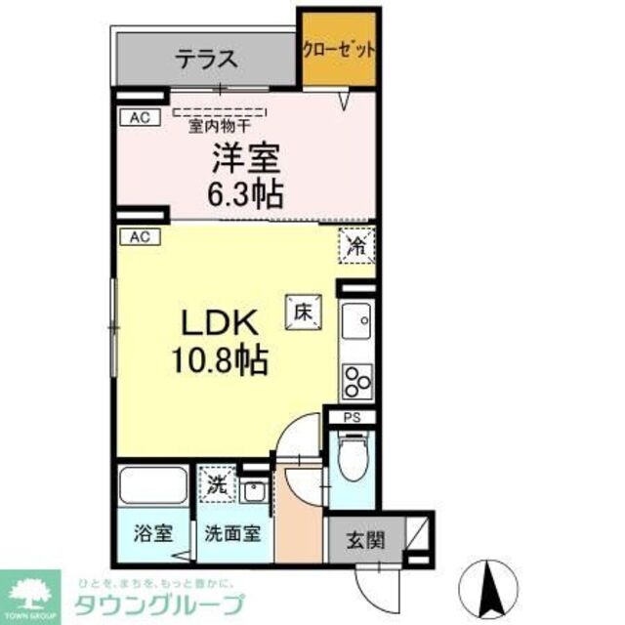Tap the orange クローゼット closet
click(x=338, y=48)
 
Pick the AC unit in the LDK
click(x=140, y=236)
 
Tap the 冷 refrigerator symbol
click(x=356, y=245)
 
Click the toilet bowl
click(x=350, y=458)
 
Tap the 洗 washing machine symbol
click(x=219, y=481)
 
